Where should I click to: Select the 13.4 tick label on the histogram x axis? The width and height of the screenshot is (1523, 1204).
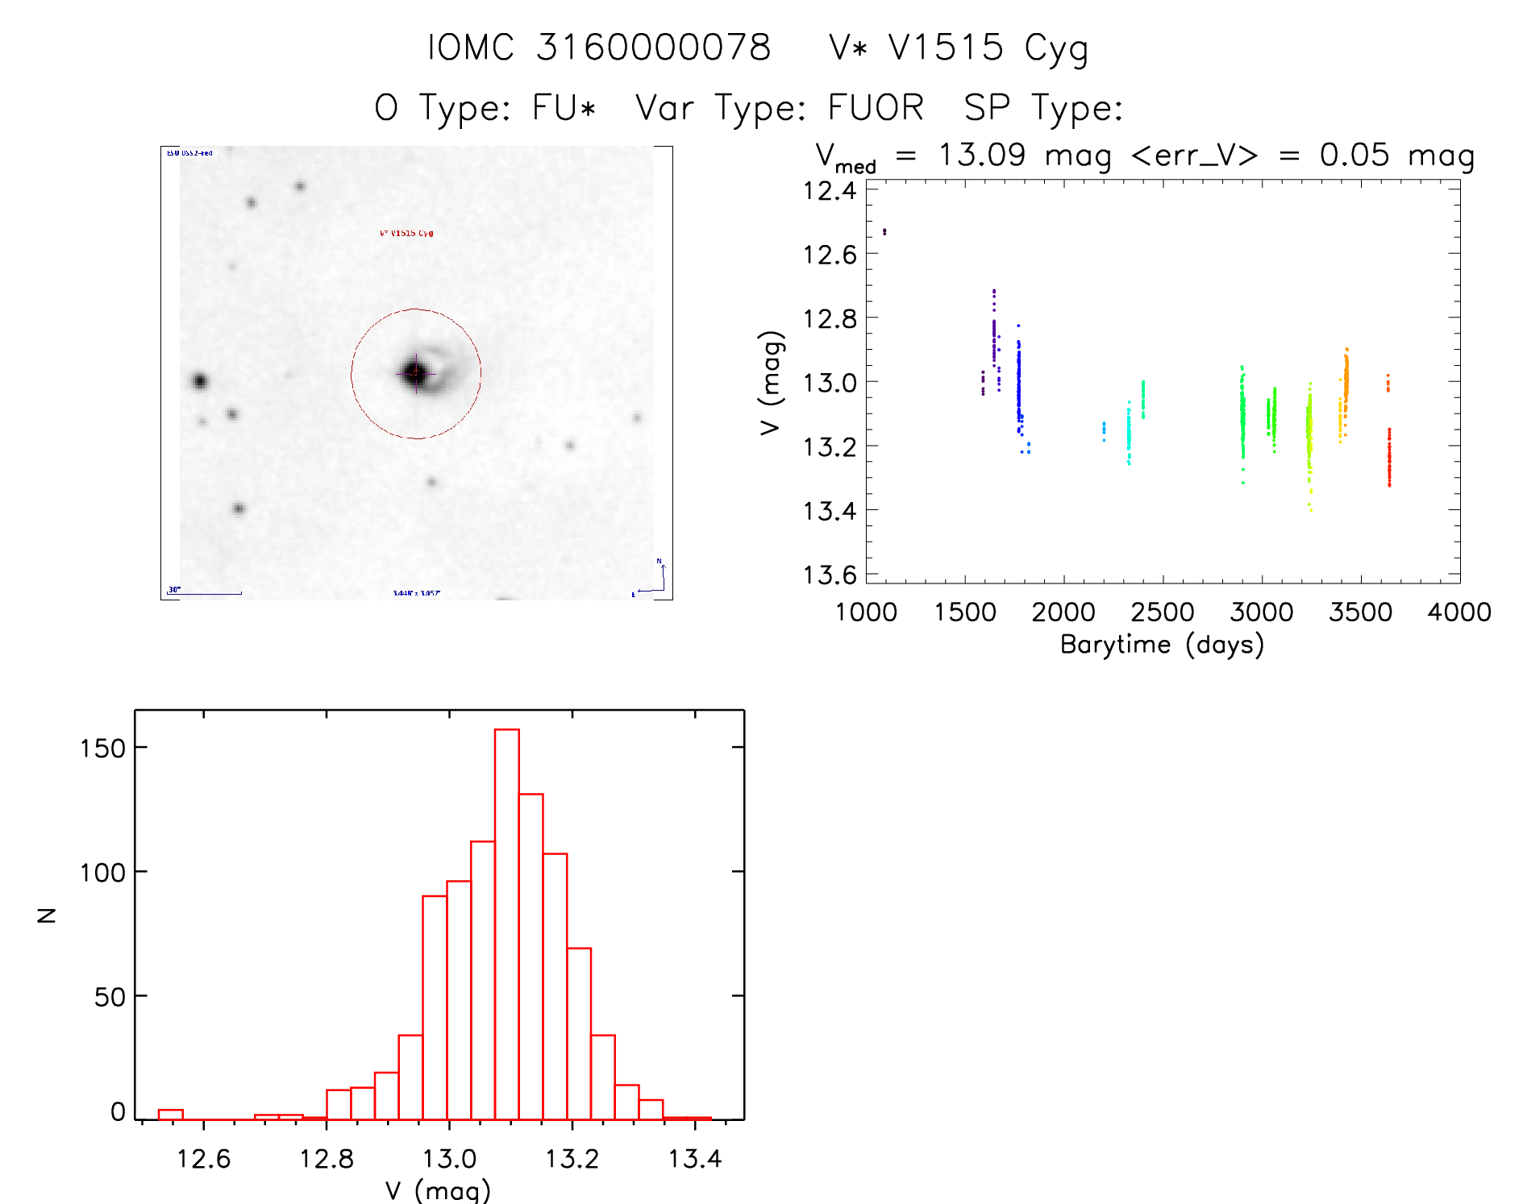pyautogui.click(x=694, y=1159)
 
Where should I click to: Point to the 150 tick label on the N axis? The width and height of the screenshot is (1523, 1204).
pyautogui.click(x=102, y=749)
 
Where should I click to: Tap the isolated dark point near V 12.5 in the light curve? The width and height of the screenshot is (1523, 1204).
pyautogui.click(x=884, y=232)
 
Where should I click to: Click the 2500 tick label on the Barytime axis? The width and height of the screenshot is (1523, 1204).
pyautogui.click(x=1162, y=612)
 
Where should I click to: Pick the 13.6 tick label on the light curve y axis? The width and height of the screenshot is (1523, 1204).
pyautogui.click(x=830, y=575)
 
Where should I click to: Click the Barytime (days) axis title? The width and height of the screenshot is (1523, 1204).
pyautogui.click(x=1162, y=645)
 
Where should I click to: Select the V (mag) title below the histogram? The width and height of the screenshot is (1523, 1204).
pyautogui.click(x=438, y=1190)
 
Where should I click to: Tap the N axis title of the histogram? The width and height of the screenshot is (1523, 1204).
pyautogui.click(x=47, y=915)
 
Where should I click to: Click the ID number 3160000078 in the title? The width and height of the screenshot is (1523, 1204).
pyautogui.click(x=653, y=48)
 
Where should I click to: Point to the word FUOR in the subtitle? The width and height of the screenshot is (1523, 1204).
pyautogui.click(x=876, y=108)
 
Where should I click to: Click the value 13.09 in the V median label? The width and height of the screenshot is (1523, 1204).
pyautogui.click(x=981, y=155)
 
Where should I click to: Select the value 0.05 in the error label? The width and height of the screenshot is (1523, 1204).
pyautogui.click(x=1354, y=155)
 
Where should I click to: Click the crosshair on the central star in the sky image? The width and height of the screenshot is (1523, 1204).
pyautogui.click(x=416, y=373)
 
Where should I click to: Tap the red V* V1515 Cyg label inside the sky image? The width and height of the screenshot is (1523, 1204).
pyautogui.click(x=406, y=234)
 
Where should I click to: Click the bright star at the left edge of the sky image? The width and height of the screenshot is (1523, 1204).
pyautogui.click(x=200, y=381)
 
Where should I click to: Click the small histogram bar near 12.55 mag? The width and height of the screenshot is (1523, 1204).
pyautogui.click(x=170, y=1115)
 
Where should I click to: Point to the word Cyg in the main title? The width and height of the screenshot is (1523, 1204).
pyautogui.click(x=1056, y=48)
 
